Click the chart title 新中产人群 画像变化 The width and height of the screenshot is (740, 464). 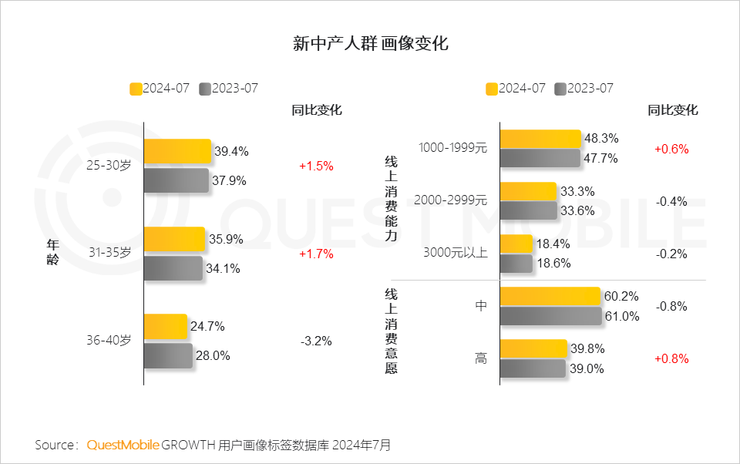click(371, 43)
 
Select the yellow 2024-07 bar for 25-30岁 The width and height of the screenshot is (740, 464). click(177, 151)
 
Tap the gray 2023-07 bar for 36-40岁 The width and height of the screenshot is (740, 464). click(168, 355)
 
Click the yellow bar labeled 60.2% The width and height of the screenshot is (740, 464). click(550, 297)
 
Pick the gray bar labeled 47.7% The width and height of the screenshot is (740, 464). click(540, 158)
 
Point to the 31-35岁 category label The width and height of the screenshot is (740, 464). click(109, 252)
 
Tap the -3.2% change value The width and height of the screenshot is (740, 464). click(316, 340)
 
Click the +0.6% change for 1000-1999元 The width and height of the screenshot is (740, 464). click(671, 148)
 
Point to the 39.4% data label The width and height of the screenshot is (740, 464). click(231, 151)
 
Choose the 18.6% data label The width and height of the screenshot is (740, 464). click(553, 263)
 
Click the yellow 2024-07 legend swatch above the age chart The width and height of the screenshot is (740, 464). click(136, 89)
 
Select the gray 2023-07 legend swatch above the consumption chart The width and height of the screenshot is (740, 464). click(560, 89)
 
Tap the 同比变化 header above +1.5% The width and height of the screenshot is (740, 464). click(316, 110)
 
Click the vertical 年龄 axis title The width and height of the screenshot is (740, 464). click(52, 252)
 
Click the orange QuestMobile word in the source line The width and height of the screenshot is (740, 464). click(123, 445)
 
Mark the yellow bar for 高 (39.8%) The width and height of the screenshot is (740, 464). click(533, 348)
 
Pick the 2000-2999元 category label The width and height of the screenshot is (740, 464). click(451, 200)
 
